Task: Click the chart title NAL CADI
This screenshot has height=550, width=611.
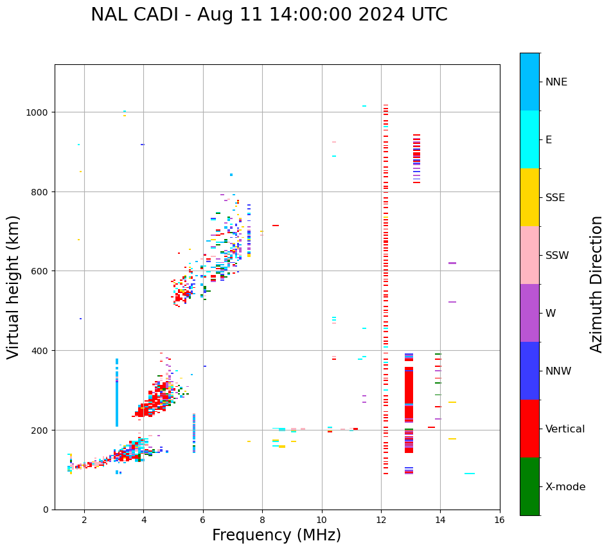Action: (269, 15)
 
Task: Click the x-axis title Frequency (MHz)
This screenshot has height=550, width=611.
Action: (276, 535)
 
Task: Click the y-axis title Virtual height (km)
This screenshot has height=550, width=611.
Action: (13, 287)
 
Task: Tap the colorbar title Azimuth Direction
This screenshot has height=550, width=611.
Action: (597, 284)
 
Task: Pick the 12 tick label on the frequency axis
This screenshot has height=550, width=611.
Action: (381, 520)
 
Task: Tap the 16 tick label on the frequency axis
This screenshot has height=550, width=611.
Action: (500, 520)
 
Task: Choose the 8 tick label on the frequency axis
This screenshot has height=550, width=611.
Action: (262, 520)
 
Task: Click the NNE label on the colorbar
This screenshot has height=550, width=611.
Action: (556, 82)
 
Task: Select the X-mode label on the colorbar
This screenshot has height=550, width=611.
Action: (565, 487)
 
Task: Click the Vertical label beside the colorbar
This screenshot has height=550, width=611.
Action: (565, 429)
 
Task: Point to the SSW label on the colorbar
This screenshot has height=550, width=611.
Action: (557, 256)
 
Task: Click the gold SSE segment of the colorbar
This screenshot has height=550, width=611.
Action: (529, 197)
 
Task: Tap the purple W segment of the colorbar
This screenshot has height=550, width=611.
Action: (529, 313)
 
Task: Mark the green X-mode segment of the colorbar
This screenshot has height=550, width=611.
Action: (529, 486)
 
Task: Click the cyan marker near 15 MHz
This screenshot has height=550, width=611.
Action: (470, 474)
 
